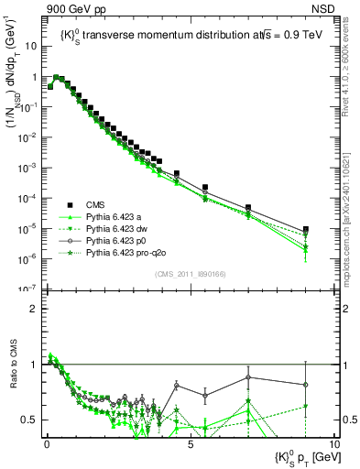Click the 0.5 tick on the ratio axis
(34, 420)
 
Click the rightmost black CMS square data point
(305, 230)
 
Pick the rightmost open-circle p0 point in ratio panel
(305, 385)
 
